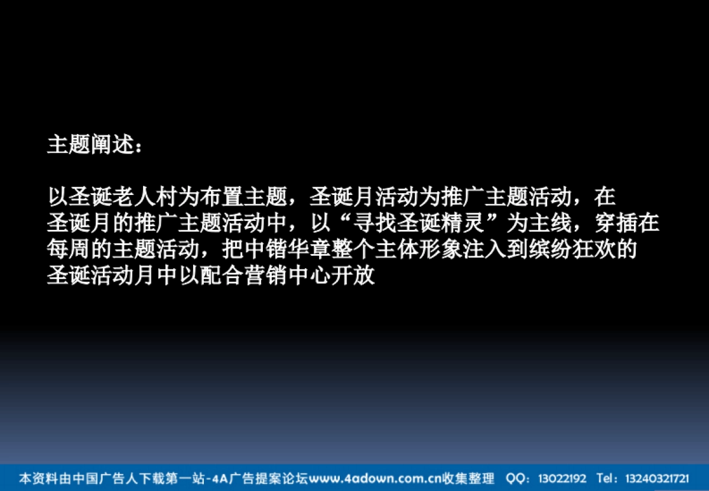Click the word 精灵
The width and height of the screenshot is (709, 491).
463,223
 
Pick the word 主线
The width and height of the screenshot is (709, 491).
551,223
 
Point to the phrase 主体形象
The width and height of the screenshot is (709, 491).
419,250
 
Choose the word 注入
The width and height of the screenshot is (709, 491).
485,250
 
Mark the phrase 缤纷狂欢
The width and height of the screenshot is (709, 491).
573,250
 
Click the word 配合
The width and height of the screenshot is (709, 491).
223,277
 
